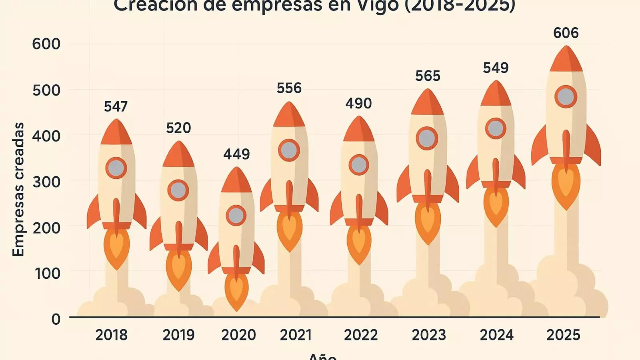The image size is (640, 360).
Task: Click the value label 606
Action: point(566,33)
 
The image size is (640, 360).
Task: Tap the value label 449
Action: point(236,154)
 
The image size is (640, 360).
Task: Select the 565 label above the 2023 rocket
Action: point(428,76)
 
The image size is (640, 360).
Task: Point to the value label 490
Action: point(358,104)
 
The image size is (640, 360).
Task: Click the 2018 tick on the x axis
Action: point(111,335)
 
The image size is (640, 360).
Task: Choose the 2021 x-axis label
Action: point(296,335)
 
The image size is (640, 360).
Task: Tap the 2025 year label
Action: point(563,335)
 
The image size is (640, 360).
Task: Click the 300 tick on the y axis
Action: point(46,182)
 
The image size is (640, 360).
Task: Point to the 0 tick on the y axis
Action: point(56,319)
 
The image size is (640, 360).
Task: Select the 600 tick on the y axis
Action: point(46,44)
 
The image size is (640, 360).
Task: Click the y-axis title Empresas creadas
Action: point(18,189)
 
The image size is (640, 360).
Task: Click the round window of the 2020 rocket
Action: point(236,216)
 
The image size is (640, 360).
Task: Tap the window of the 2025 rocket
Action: point(566,97)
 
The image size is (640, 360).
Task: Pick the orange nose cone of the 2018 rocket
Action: point(116,133)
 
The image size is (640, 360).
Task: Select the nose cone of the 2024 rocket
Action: point(496,94)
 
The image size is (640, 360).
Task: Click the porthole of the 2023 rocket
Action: point(427,138)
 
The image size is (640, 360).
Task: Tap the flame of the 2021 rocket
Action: point(289,230)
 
